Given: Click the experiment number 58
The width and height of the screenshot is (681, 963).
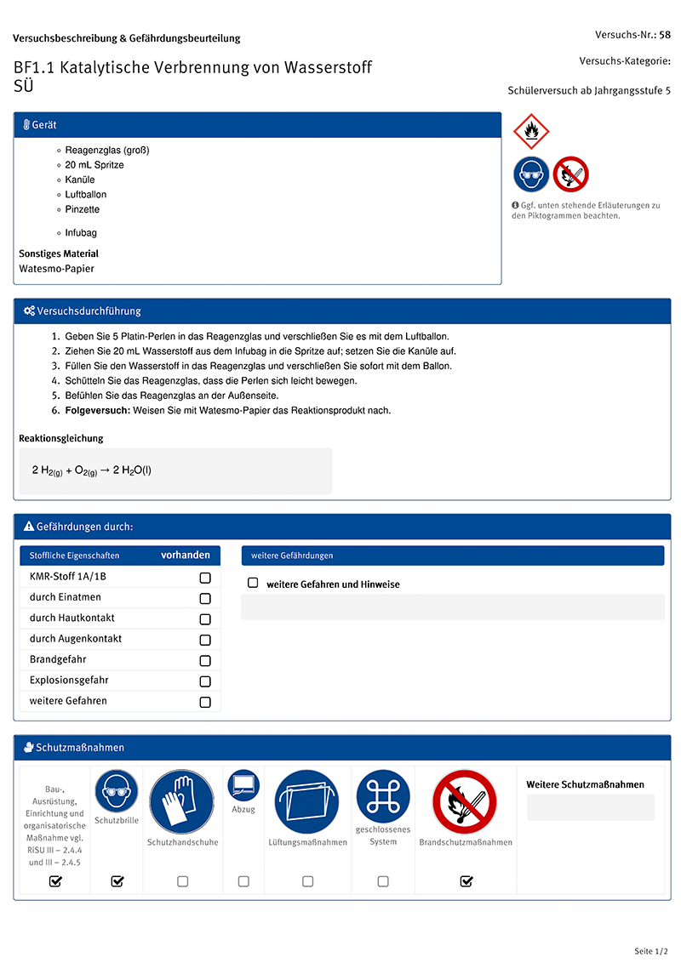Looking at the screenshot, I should click(x=665, y=35).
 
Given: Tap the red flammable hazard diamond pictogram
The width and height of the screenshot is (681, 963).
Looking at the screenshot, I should click(x=532, y=131).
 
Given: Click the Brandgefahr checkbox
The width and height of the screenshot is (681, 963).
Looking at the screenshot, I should click(x=205, y=661).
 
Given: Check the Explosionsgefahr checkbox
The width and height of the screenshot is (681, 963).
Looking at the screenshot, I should click(x=205, y=681).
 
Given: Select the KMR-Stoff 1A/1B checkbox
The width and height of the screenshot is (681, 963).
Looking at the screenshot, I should click(x=205, y=578).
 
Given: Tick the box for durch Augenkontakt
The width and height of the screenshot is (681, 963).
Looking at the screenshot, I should click(x=205, y=640).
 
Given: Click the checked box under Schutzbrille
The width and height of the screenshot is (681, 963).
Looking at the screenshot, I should click(x=117, y=881).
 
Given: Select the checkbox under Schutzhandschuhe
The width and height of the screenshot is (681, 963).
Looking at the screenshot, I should click(x=182, y=881).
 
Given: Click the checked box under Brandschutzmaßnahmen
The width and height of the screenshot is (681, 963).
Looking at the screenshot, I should click(x=466, y=881).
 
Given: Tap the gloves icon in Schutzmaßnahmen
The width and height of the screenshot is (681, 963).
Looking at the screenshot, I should click(x=181, y=801).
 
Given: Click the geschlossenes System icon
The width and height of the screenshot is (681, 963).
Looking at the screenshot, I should click(x=383, y=796).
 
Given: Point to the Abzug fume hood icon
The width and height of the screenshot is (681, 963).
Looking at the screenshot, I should click(x=243, y=784).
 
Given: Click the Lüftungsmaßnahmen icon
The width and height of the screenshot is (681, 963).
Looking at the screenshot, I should click(x=306, y=801).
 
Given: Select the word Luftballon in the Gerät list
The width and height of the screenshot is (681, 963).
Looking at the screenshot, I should click(x=86, y=195).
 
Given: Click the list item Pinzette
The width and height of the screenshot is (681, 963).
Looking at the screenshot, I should click(x=83, y=209).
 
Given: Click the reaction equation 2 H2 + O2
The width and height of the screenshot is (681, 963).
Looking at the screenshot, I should click(x=92, y=470).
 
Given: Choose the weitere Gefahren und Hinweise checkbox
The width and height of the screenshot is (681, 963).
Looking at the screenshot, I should click(x=253, y=584).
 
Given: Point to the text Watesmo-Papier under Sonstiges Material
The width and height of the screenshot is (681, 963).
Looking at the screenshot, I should click(x=57, y=269).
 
